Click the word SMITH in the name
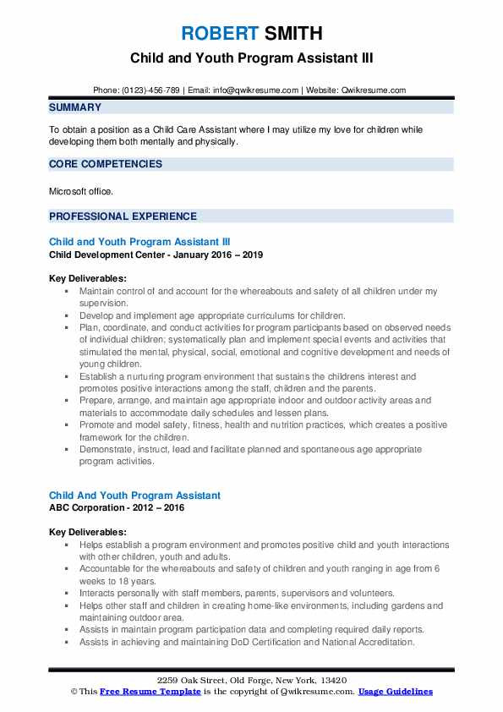tap(292, 34)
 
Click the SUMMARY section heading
tap(75, 107)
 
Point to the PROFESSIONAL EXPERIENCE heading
tap(123, 216)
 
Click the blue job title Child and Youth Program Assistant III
tap(139, 241)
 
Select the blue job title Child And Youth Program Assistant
tap(134, 495)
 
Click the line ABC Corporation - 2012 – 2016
tap(117, 507)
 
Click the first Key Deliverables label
tap(88, 278)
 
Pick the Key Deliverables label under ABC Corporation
tap(88, 533)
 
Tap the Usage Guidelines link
tap(395, 692)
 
